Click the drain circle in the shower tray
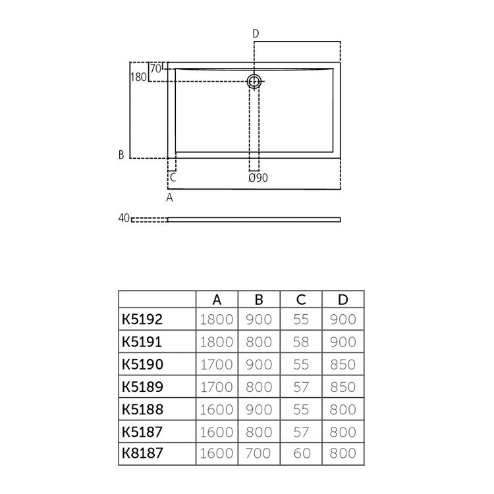click(254, 81)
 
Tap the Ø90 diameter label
click(258, 178)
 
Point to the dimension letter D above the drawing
click(256, 34)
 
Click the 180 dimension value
click(138, 77)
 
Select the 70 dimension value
click(155, 68)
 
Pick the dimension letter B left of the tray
click(121, 155)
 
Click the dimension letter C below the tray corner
click(173, 177)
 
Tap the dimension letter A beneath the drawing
click(169, 197)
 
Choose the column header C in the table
click(301, 300)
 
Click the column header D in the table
click(343, 300)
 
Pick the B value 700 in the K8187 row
click(259, 453)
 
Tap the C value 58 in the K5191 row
click(301, 342)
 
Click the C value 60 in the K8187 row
click(301, 453)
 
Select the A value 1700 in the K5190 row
click(216, 364)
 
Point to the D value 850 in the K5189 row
click(343, 387)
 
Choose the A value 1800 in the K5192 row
click(216, 319)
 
